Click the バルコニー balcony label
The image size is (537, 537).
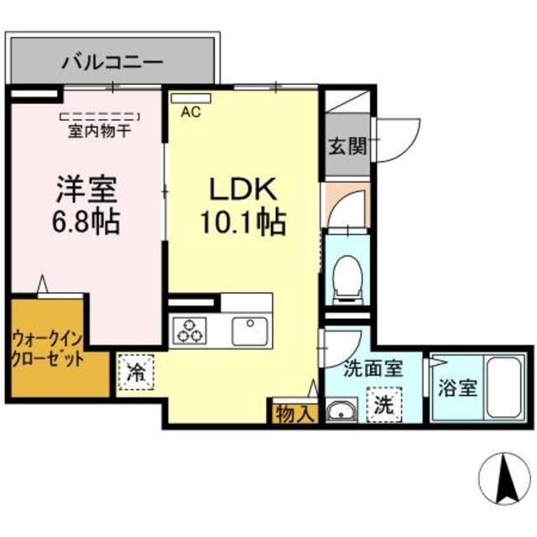112,62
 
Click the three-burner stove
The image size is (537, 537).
190,331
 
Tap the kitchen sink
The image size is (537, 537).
249,330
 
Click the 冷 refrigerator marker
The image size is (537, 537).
135,373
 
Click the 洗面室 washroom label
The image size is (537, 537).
373,368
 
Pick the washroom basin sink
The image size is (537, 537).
340,411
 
